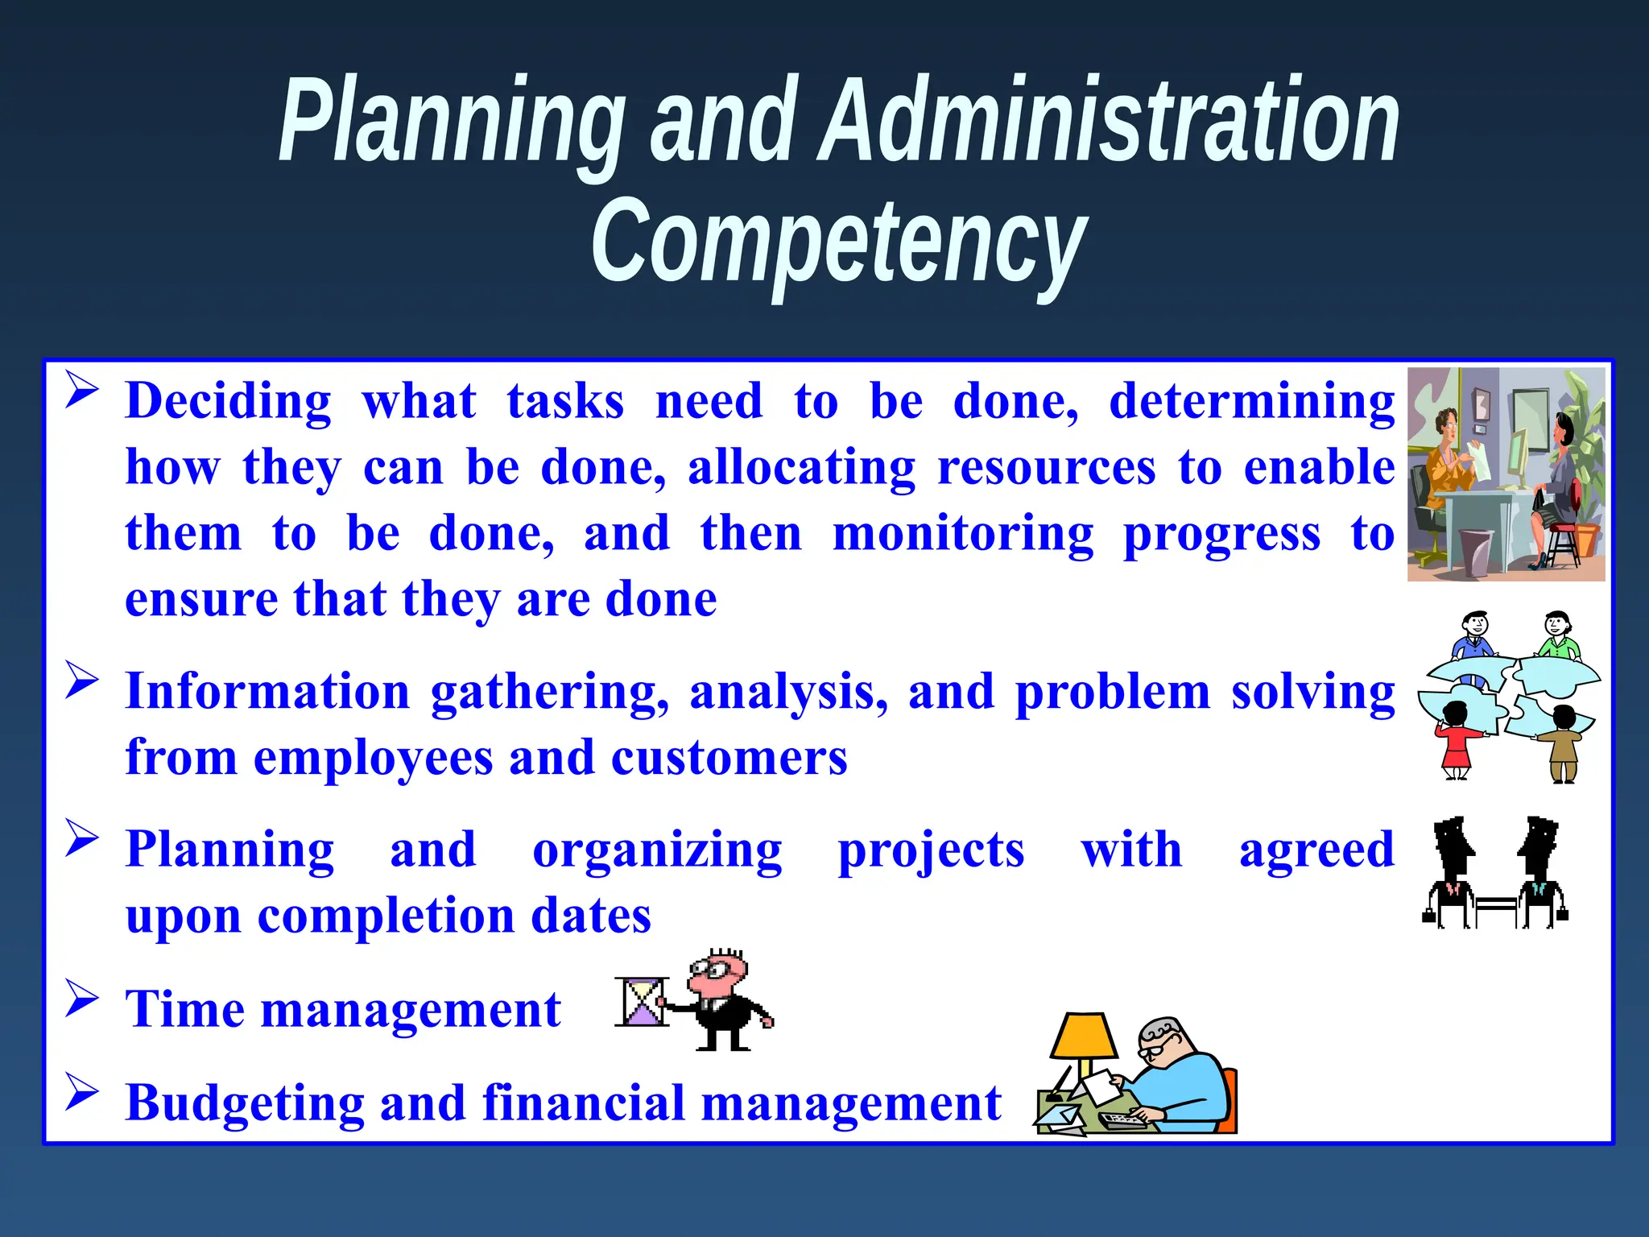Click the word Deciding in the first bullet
(x=229, y=402)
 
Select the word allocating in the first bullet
(x=801, y=468)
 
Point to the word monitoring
(x=963, y=534)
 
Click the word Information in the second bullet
(x=268, y=692)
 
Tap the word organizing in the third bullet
(x=657, y=851)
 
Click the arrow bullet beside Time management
(x=82, y=999)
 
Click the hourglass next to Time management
(x=642, y=1002)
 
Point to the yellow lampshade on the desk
(x=1084, y=1037)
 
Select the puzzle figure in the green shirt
(x=1559, y=637)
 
